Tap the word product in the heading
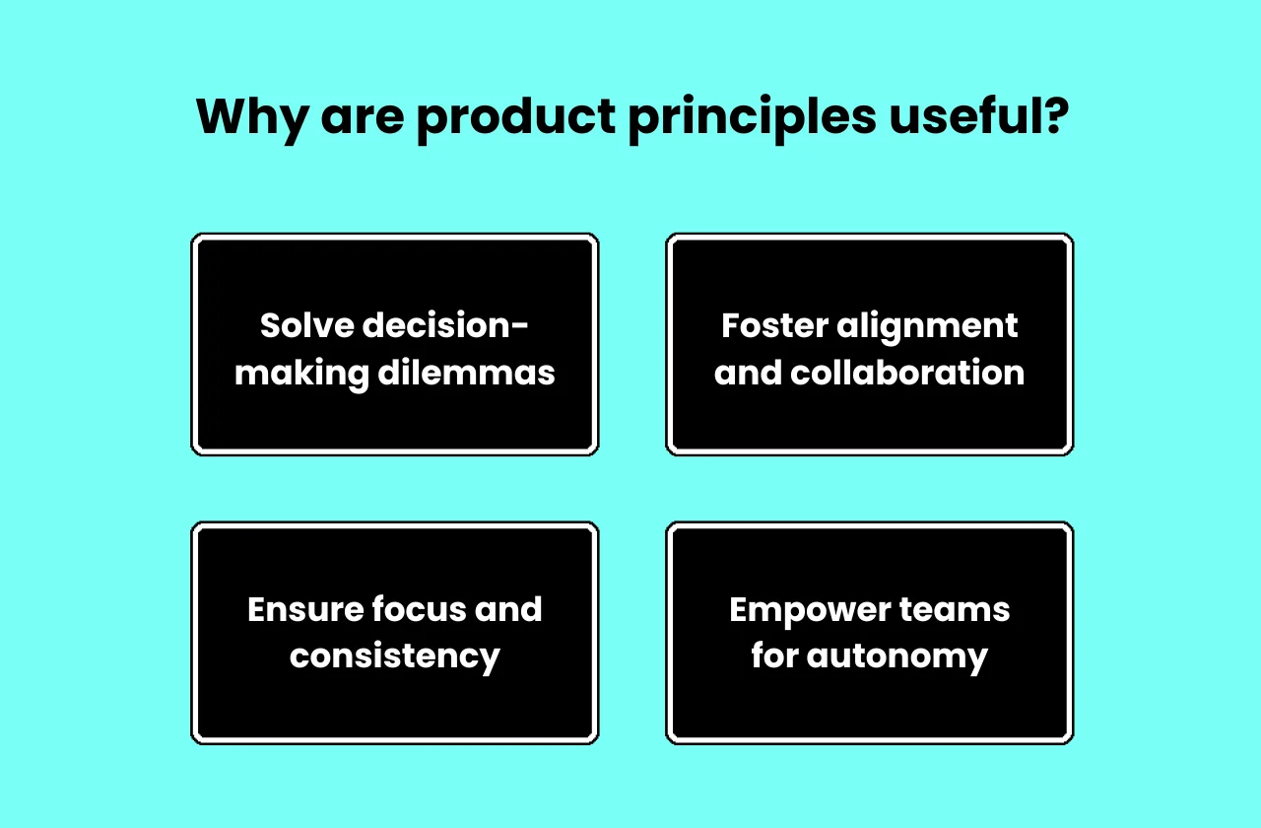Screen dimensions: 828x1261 [x=513, y=118]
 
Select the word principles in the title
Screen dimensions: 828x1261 [x=752, y=118]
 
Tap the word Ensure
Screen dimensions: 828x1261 [x=301, y=609]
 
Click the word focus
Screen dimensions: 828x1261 [x=417, y=609]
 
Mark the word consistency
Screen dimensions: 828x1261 [x=395, y=656]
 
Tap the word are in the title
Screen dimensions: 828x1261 [x=361, y=116]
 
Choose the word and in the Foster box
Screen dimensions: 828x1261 [x=747, y=373]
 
